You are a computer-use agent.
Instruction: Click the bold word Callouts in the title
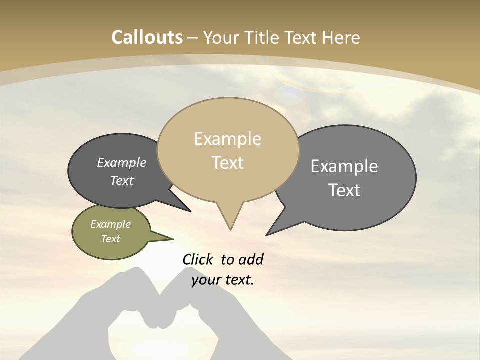147,37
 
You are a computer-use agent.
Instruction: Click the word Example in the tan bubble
227,139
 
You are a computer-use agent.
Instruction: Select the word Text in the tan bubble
228,163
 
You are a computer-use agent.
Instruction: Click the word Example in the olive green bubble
110,224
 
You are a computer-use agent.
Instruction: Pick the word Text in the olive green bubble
110,239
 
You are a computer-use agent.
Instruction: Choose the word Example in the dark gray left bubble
121,162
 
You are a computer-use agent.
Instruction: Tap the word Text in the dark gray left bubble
121,180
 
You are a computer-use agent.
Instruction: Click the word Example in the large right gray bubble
344,166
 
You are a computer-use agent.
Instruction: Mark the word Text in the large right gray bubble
344,190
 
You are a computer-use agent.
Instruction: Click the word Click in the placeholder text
198,259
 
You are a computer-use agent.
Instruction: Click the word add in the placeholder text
250,259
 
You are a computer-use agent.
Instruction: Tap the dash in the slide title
193,37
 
